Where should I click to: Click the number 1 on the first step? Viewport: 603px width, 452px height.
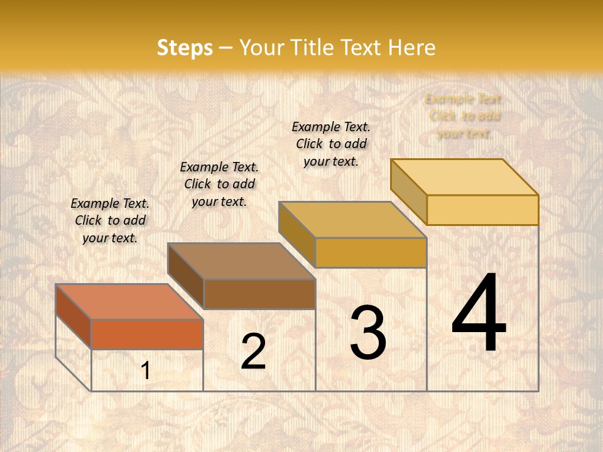pyautogui.click(x=146, y=370)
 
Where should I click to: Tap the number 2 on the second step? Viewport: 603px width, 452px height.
pyautogui.click(x=253, y=352)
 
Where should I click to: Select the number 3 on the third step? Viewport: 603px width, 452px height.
pyautogui.click(x=367, y=333)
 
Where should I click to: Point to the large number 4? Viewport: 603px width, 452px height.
pyautogui.click(x=479, y=314)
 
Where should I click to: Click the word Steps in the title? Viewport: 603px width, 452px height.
pyautogui.click(x=185, y=48)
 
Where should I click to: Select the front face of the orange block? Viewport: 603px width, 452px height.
pyautogui.click(x=147, y=334)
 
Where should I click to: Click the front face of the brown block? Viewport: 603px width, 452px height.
pyautogui.click(x=259, y=294)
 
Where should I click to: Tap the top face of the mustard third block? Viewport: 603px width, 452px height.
pyautogui.click(x=353, y=220)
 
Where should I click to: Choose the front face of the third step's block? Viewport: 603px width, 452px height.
pyautogui.click(x=371, y=252)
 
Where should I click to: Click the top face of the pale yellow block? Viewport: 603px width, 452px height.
pyautogui.click(x=465, y=177)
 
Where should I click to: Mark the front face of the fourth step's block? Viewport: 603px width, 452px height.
pyautogui.click(x=482, y=210)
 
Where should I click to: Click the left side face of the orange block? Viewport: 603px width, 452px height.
pyautogui.click(x=73, y=316)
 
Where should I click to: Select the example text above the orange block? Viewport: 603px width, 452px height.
pyautogui.click(x=110, y=220)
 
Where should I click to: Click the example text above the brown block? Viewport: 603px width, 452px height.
pyautogui.click(x=219, y=184)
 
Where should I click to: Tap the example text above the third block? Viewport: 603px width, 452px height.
pyautogui.click(x=331, y=144)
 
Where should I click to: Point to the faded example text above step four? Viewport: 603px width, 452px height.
pyautogui.click(x=464, y=116)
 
